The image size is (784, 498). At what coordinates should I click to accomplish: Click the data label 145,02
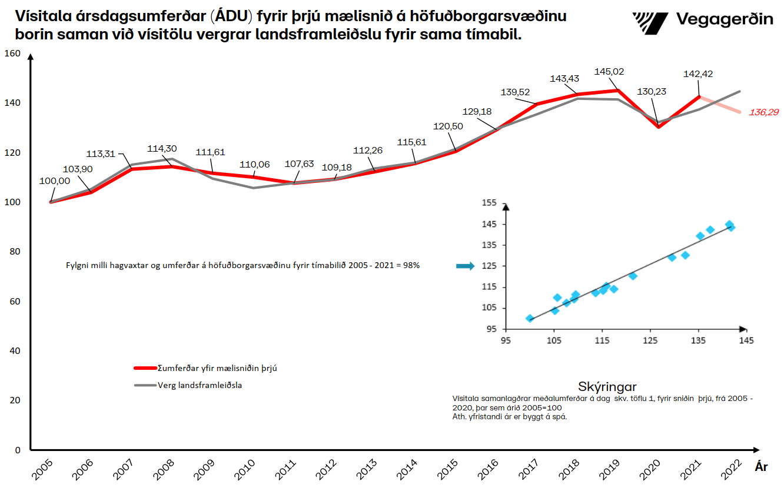click(608, 71)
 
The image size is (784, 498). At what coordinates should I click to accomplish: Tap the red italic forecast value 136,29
click(763, 112)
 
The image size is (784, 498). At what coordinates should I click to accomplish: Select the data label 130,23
click(653, 92)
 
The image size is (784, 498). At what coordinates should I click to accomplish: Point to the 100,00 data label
click(55, 181)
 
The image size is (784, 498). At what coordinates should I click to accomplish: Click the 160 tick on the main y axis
click(12, 54)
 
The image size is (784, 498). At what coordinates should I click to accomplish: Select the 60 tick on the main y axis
click(14, 302)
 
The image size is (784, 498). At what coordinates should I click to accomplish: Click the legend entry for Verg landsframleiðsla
click(200, 386)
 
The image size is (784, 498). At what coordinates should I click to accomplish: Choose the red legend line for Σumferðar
click(145, 368)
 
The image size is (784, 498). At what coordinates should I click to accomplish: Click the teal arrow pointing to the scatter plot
click(465, 266)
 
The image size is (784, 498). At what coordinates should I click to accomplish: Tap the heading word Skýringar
click(607, 386)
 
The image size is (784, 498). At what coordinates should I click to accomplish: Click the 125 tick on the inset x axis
click(650, 340)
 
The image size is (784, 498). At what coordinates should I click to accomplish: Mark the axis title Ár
click(761, 467)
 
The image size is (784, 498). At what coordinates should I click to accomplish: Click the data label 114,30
click(162, 149)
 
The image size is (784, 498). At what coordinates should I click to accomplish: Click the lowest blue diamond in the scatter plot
click(530, 318)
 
